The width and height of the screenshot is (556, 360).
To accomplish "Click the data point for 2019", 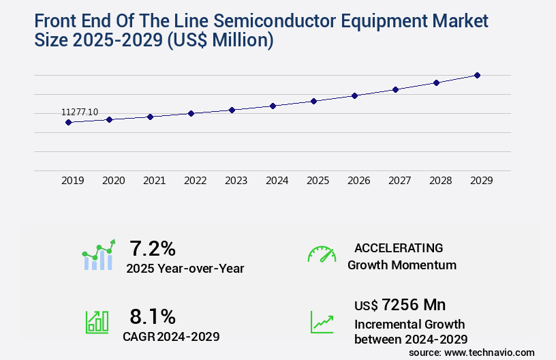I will (68, 122).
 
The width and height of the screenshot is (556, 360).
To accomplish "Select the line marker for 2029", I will (477, 75).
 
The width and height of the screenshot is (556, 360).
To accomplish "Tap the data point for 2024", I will (273, 106).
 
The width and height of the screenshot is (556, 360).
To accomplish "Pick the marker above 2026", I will (354, 95).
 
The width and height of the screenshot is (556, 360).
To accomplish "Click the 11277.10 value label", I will (80, 112).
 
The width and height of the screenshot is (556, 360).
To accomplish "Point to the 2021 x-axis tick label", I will (155, 181).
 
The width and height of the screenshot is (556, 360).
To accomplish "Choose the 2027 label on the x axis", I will (400, 181).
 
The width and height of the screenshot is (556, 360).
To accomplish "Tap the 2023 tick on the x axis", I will (236, 181).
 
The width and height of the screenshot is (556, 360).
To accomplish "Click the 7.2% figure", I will (153, 248).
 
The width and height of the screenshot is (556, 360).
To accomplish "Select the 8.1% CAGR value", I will (153, 316).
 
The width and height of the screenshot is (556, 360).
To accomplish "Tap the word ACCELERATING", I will (399, 248).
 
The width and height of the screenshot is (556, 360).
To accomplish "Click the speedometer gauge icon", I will (322, 254).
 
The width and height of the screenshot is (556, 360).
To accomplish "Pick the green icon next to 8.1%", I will (97, 322).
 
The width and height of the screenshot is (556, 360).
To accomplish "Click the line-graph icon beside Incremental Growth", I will (322, 322).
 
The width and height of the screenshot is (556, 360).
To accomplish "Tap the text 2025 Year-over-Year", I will (185, 269).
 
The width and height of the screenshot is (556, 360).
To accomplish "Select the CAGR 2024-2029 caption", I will (171, 336).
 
